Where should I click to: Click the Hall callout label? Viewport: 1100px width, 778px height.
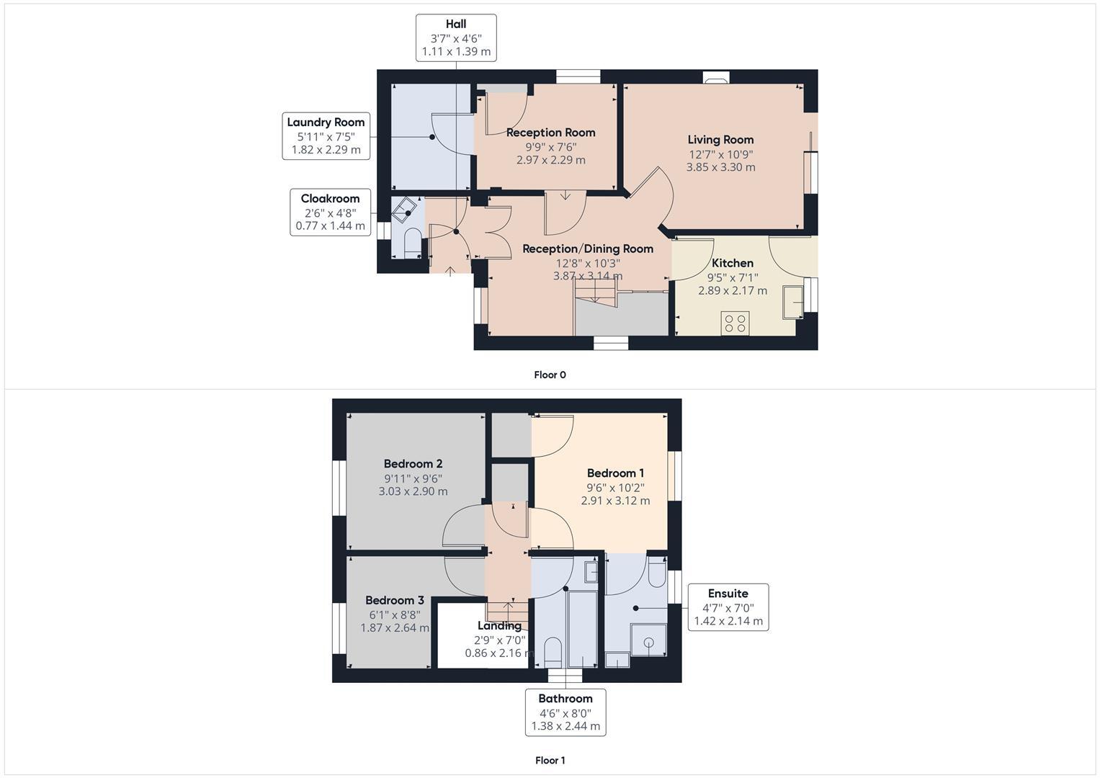click(x=456, y=37)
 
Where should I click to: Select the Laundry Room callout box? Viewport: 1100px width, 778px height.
click(x=326, y=136)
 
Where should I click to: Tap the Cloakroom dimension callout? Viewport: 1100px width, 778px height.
click(x=330, y=212)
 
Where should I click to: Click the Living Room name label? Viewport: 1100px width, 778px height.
click(x=720, y=140)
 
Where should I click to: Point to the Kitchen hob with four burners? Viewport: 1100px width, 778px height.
click(x=735, y=323)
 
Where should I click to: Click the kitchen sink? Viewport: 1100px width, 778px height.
click(x=792, y=302)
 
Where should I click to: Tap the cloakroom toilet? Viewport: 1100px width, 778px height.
click(x=412, y=243)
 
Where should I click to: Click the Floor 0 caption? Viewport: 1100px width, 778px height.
click(x=550, y=375)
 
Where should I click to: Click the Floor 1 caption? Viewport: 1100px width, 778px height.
click(x=550, y=760)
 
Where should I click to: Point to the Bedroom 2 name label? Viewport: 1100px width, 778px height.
click(x=413, y=464)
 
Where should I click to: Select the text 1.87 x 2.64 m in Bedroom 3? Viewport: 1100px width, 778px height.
click(x=395, y=627)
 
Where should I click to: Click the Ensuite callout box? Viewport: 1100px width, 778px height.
click(x=728, y=607)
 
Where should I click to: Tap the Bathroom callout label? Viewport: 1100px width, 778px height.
click(x=565, y=712)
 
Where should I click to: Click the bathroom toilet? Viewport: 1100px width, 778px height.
click(x=553, y=652)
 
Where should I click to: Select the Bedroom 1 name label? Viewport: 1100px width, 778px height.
click(x=615, y=473)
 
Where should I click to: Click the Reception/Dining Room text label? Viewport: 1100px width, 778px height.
click(x=588, y=249)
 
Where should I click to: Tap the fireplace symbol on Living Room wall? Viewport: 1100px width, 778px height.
click(x=716, y=79)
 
